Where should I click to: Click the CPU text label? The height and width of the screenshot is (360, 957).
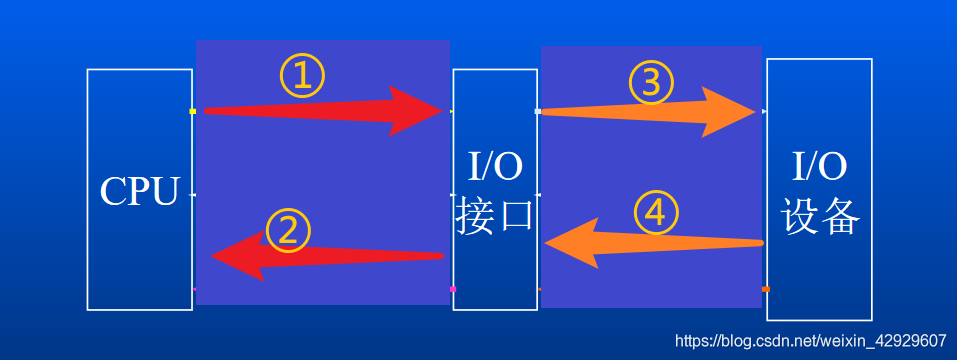coord(139,191)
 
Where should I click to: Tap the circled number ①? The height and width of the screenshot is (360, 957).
coord(302,75)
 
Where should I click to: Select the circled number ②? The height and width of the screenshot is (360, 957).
coord(288,232)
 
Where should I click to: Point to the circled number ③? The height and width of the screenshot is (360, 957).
coord(651,83)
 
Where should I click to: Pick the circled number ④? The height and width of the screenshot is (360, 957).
coord(657,212)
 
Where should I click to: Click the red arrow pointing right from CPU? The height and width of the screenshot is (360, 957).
coord(320,110)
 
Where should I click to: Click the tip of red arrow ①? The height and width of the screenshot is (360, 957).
coord(441,110)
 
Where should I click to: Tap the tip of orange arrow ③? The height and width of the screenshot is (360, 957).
coord(754,112)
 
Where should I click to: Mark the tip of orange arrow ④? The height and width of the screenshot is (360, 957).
coord(547,244)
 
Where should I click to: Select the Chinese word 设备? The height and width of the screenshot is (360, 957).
coord(820,215)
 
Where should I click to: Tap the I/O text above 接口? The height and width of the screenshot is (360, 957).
coord(495,166)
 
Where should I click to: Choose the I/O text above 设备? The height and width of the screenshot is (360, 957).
coord(819,165)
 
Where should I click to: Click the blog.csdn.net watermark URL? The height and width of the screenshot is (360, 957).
coord(811,340)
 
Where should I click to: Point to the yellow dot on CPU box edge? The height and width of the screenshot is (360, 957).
coord(192,111)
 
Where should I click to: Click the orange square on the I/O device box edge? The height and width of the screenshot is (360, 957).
coord(765,289)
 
